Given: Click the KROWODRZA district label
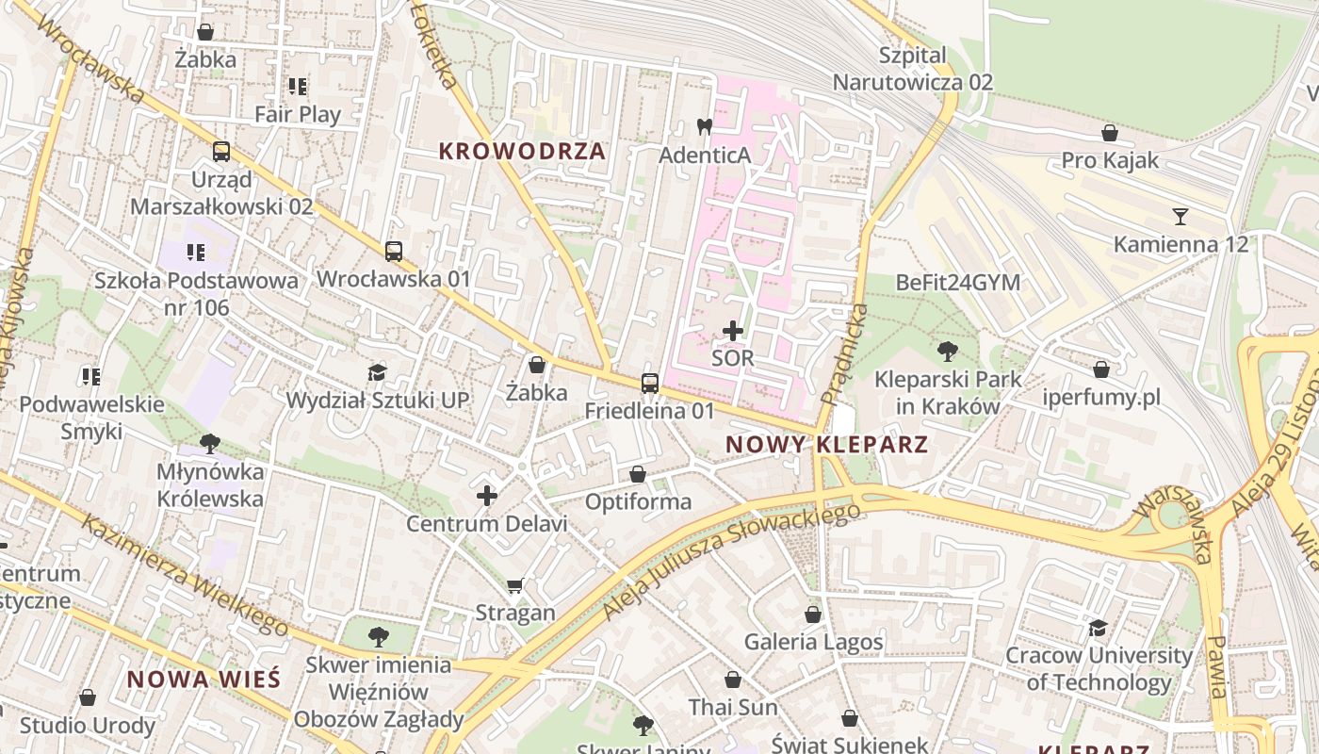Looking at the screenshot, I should pyautogui.click(x=522, y=151).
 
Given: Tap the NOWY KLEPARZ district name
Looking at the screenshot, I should pyautogui.click(x=827, y=444).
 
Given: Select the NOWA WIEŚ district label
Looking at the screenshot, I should pyautogui.click(x=204, y=679).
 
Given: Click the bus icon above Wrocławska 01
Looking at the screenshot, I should pyautogui.click(x=394, y=252).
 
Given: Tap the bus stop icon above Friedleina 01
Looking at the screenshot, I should pyautogui.click(x=650, y=383).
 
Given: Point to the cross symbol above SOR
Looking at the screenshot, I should pyautogui.click(x=733, y=331).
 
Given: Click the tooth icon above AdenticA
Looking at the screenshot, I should pyautogui.click(x=704, y=126).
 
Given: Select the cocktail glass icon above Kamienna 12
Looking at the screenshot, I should pyautogui.click(x=1180, y=216).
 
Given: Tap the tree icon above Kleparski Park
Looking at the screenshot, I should pyautogui.click(x=948, y=352).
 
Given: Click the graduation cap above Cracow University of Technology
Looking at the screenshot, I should pyautogui.click(x=1098, y=627).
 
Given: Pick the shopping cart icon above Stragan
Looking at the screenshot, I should pyautogui.click(x=514, y=585).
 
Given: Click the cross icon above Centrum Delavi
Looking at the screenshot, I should pyautogui.click(x=487, y=495).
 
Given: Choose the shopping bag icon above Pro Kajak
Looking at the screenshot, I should pyautogui.click(x=1110, y=133).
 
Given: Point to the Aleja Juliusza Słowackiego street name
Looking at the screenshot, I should pyautogui.click(x=731, y=562).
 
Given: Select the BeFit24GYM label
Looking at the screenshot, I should pyautogui.click(x=957, y=282).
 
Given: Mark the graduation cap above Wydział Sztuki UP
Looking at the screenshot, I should pyautogui.click(x=377, y=372).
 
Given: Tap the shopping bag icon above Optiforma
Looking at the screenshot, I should pyautogui.click(x=638, y=474).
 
